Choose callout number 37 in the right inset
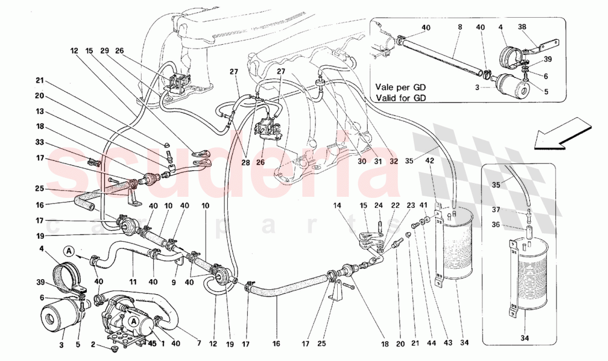(495, 210)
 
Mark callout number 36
(495, 224)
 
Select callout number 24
(379, 206)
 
